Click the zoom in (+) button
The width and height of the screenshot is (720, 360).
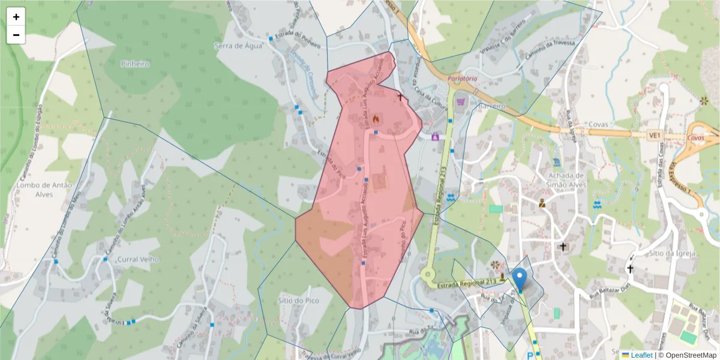click(16, 17)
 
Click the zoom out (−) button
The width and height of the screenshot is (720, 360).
click(16, 35)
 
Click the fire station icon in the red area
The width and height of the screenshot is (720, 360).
click(376, 119)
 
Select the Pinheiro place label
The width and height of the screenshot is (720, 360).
click(134, 64)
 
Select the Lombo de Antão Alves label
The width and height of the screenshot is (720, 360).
click(35, 190)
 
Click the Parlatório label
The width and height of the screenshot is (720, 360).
click(462, 79)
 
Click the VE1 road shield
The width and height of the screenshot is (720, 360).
click(654, 136)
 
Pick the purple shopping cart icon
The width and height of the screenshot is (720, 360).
click(460, 102)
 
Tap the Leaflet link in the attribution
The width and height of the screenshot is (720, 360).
click(641, 355)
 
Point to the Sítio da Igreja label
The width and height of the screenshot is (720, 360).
click(672, 253)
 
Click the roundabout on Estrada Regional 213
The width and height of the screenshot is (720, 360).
click(428, 275)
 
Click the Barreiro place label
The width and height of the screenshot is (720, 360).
click(492, 106)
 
